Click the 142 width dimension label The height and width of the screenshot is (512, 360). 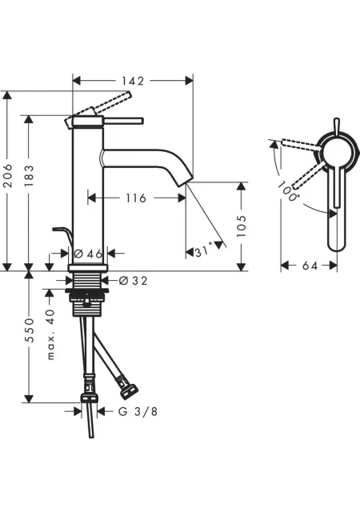(x=133, y=81)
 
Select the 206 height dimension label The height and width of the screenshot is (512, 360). (x=7, y=176)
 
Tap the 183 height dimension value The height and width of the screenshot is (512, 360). (x=29, y=176)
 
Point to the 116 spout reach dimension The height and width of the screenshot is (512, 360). (x=136, y=198)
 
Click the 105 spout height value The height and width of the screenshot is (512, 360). (x=241, y=226)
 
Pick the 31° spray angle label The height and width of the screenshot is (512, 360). (x=205, y=251)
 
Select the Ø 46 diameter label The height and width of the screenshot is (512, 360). (x=88, y=254)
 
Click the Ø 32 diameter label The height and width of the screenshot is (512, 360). (x=134, y=281)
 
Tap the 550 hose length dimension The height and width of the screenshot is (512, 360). (x=29, y=330)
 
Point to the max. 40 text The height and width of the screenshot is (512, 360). (x=50, y=334)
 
